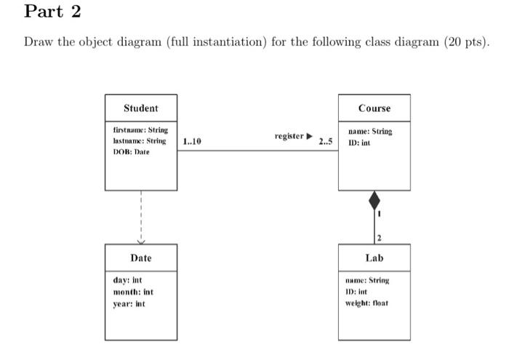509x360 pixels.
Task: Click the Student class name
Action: coord(140,108)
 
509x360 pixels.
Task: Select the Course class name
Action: coord(374,108)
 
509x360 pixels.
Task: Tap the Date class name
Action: coord(140,258)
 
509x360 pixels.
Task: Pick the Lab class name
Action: coord(374,258)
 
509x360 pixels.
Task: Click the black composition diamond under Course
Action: coord(374,199)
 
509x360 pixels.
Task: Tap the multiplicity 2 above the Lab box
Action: coord(380,237)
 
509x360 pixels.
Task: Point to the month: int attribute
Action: coord(133,292)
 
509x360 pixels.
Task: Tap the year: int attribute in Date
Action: coord(129,304)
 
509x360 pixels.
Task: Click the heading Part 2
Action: coord(52,12)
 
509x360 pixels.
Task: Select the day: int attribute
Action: coord(127,281)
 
